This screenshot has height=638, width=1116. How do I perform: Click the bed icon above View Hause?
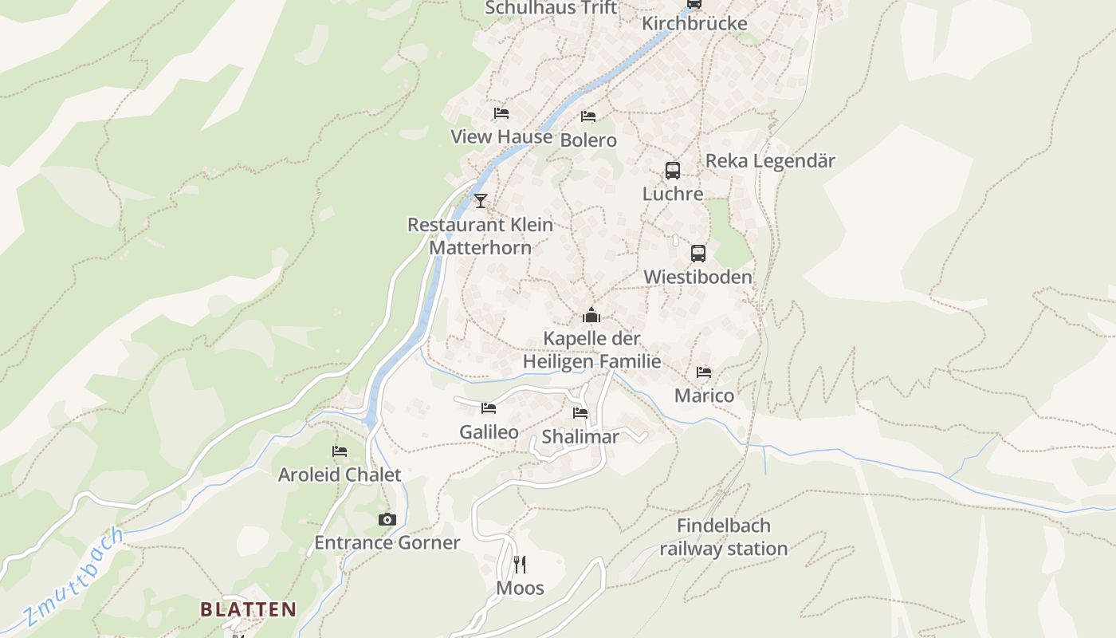coord(501,113)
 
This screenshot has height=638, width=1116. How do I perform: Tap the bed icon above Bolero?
coord(588,116)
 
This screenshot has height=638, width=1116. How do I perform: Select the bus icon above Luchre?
coord(673,170)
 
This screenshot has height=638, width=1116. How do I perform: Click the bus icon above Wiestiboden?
coord(698,254)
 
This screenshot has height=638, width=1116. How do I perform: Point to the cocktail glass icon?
coord(480,200)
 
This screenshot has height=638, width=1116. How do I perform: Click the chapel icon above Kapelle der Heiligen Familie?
coord(591,315)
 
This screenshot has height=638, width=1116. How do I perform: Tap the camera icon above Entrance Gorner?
coord(387,519)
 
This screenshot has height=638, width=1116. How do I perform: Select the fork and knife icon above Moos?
coord(520,565)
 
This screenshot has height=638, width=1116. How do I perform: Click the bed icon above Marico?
coord(704,372)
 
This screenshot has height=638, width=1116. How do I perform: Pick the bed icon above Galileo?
coord(489,408)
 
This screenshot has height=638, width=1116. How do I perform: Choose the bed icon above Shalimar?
coord(580,413)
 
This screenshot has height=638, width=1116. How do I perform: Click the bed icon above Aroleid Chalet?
coord(340,451)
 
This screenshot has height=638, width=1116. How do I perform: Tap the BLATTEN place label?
coord(248,610)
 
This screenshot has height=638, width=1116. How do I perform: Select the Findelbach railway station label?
coord(723,538)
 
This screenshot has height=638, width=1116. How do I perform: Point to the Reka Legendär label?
coord(770,161)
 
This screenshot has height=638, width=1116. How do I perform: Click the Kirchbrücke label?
coord(694,23)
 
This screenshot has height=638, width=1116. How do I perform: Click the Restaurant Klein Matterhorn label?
coord(480,236)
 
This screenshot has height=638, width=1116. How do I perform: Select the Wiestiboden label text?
coord(697,277)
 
